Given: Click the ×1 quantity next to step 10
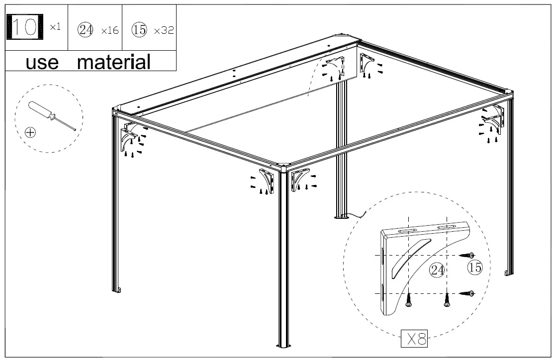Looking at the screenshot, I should coord(55,27).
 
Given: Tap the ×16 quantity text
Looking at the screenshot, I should coord(109,30).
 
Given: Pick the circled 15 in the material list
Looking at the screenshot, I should coord(139,30).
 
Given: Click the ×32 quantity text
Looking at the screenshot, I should coord(164,30).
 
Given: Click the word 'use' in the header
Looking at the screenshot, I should coord(42,62).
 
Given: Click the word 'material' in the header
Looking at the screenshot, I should coord(114,62).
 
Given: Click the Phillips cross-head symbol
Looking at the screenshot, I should coord(31,132).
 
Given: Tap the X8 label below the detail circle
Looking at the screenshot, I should coord(414,340).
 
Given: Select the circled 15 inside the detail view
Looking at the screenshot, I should coord(475,268).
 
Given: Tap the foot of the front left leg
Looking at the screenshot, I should coord(117,289).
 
